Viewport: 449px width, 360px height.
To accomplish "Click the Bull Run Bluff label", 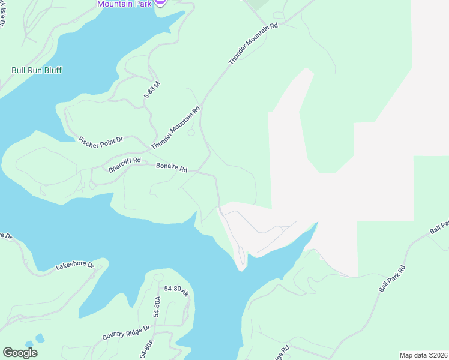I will (x=37, y=70).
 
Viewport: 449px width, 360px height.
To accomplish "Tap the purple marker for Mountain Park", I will (x=160, y=2).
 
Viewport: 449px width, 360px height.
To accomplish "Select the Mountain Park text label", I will (x=124, y=3).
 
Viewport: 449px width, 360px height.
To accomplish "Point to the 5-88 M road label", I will (x=152, y=90).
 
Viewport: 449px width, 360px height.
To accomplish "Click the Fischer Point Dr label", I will (x=100, y=139).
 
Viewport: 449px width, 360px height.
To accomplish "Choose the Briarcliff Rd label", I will (x=124, y=164).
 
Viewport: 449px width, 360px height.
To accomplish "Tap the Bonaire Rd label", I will (x=172, y=167).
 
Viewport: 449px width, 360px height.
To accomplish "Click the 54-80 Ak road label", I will (x=177, y=290).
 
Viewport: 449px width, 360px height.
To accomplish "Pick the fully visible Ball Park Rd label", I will (x=393, y=279).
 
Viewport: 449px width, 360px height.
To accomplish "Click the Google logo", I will (x=20, y=353).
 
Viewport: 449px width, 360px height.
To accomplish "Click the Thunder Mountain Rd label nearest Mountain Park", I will (x=254, y=45).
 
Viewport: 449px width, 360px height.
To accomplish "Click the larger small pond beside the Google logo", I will (x=40, y=338).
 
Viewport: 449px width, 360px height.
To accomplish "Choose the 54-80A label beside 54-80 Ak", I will (x=157, y=306).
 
